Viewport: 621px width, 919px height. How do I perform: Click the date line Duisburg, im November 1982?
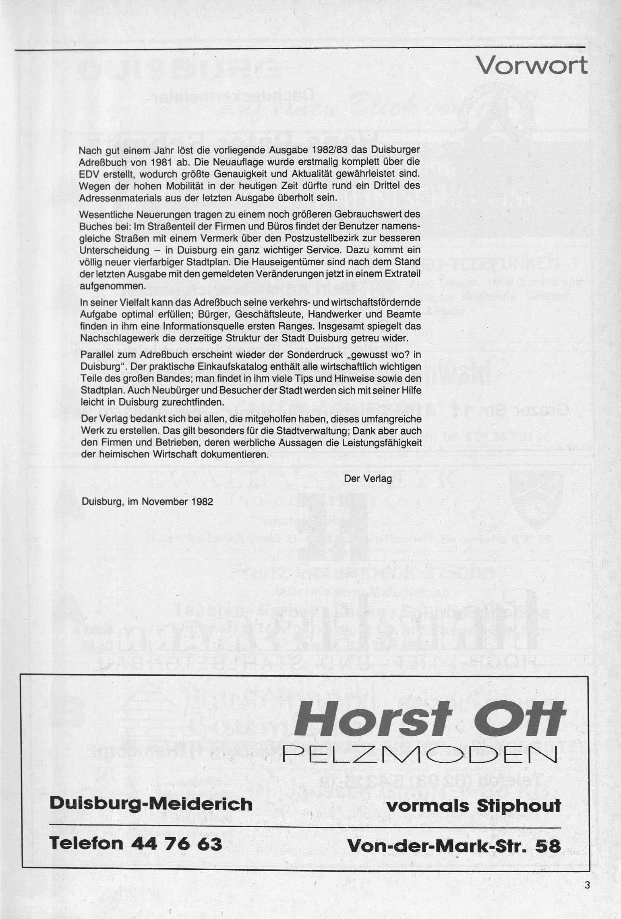147,502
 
